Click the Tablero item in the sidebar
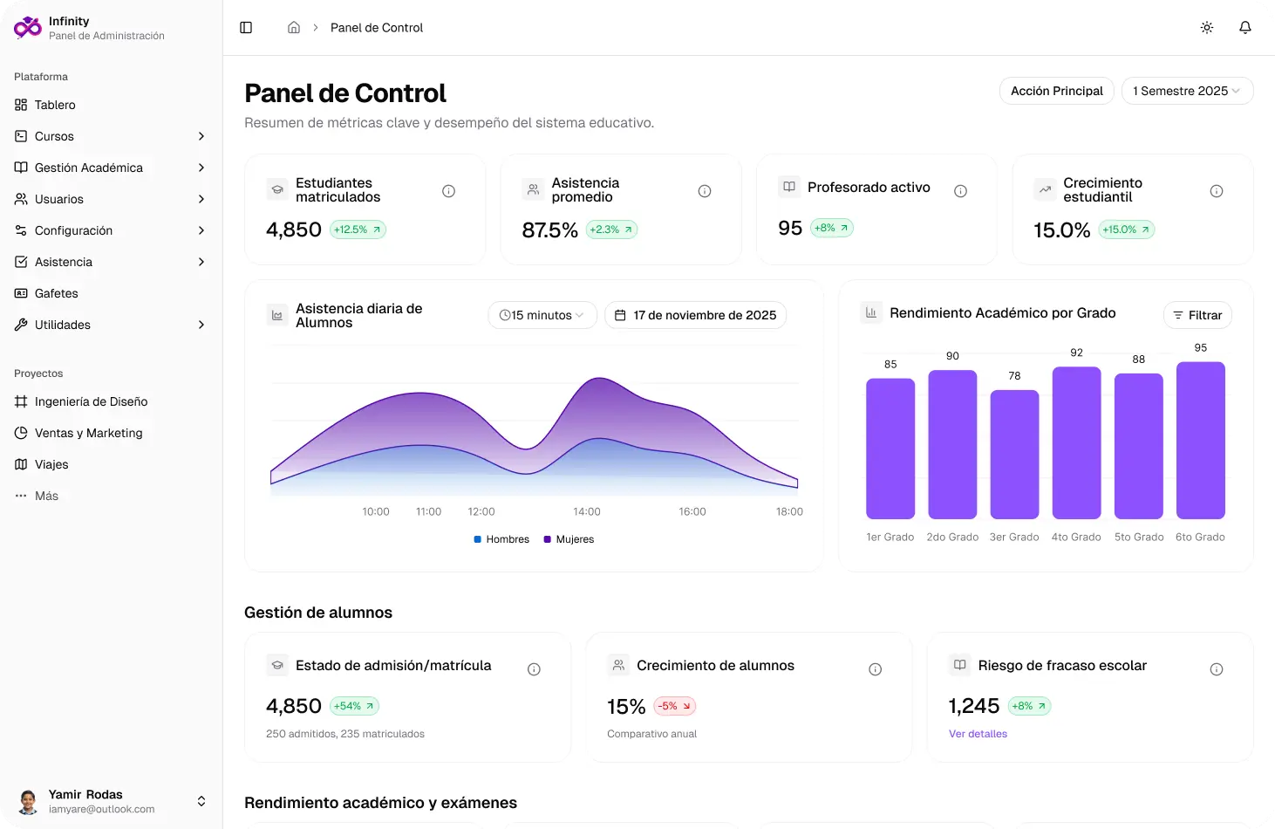(55, 105)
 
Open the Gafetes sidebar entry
(56, 293)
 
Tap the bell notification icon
(1245, 28)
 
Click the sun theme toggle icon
(1207, 28)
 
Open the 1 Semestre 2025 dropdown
(1186, 91)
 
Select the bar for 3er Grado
(1014, 455)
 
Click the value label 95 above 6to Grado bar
(1201, 348)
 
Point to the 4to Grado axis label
(1076, 538)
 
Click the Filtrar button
(1197, 315)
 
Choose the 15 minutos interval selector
(542, 315)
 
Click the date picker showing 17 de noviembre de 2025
(695, 315)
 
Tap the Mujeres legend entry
(569, 539)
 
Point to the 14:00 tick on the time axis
(587, 512)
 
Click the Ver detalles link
(978, 734)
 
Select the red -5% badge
(674, 706)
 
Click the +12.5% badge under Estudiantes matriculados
(358, 230)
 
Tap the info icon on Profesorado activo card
(960, 191)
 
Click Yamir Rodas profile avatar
(28, 801)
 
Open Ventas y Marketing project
(88, 433)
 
